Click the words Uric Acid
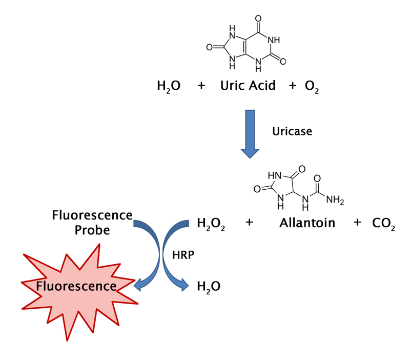[248, 85]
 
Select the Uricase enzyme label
[292, 131]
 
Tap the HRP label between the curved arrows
[183, 255]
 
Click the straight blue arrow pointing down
[250, 134]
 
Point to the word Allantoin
[307, 223]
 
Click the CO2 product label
[383, 224]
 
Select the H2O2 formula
[211, 224]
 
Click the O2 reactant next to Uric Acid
[312, 87]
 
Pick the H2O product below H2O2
[209, 287]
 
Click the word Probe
[92, 230]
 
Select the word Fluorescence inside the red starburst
[76, 286]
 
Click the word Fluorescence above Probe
[92, 215]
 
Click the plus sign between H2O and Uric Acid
[201, 86]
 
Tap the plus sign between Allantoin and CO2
[357, 223]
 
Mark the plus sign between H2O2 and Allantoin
[249, 223]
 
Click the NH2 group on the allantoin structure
[335, 200]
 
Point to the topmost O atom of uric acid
[258, 18]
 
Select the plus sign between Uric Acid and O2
[293, 86]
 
